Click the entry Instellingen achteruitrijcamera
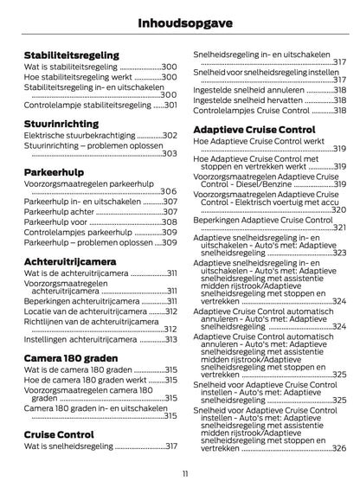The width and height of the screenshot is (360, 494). [82, 339]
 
